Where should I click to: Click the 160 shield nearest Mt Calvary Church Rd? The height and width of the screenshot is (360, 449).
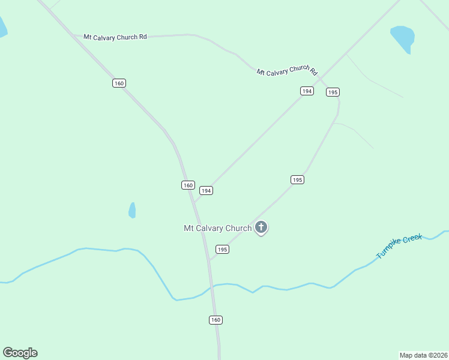pos(119,83)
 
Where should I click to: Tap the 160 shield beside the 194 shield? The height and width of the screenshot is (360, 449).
pos(188,185)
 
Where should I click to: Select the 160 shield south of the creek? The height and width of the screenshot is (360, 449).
pos(216,320)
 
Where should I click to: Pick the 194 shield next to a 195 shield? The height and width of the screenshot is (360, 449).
pos(307,91)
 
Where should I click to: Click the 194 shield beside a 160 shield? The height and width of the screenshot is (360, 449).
pos(206,190)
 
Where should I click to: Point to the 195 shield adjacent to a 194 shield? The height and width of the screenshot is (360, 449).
pos(333,92)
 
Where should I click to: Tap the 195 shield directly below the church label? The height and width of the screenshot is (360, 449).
pos(222,249)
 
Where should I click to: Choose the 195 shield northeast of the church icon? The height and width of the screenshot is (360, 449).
pos(297,179)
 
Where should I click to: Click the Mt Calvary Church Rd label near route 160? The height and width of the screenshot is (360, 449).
pos(115,37)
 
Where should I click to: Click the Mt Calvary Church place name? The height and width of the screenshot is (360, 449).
pos(217,228)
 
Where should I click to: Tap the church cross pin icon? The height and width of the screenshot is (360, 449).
pos(261,227)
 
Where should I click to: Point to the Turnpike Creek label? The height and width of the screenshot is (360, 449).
pos(399,247)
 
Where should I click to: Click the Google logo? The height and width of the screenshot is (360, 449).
pos(20,353)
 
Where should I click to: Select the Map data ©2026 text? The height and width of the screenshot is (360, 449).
pos(423,355)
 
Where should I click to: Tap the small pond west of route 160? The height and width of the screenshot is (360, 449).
pos(132,210)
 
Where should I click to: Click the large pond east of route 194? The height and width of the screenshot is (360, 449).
pos(403,37)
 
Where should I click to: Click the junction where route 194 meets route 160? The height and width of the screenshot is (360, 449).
pos(194,202)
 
